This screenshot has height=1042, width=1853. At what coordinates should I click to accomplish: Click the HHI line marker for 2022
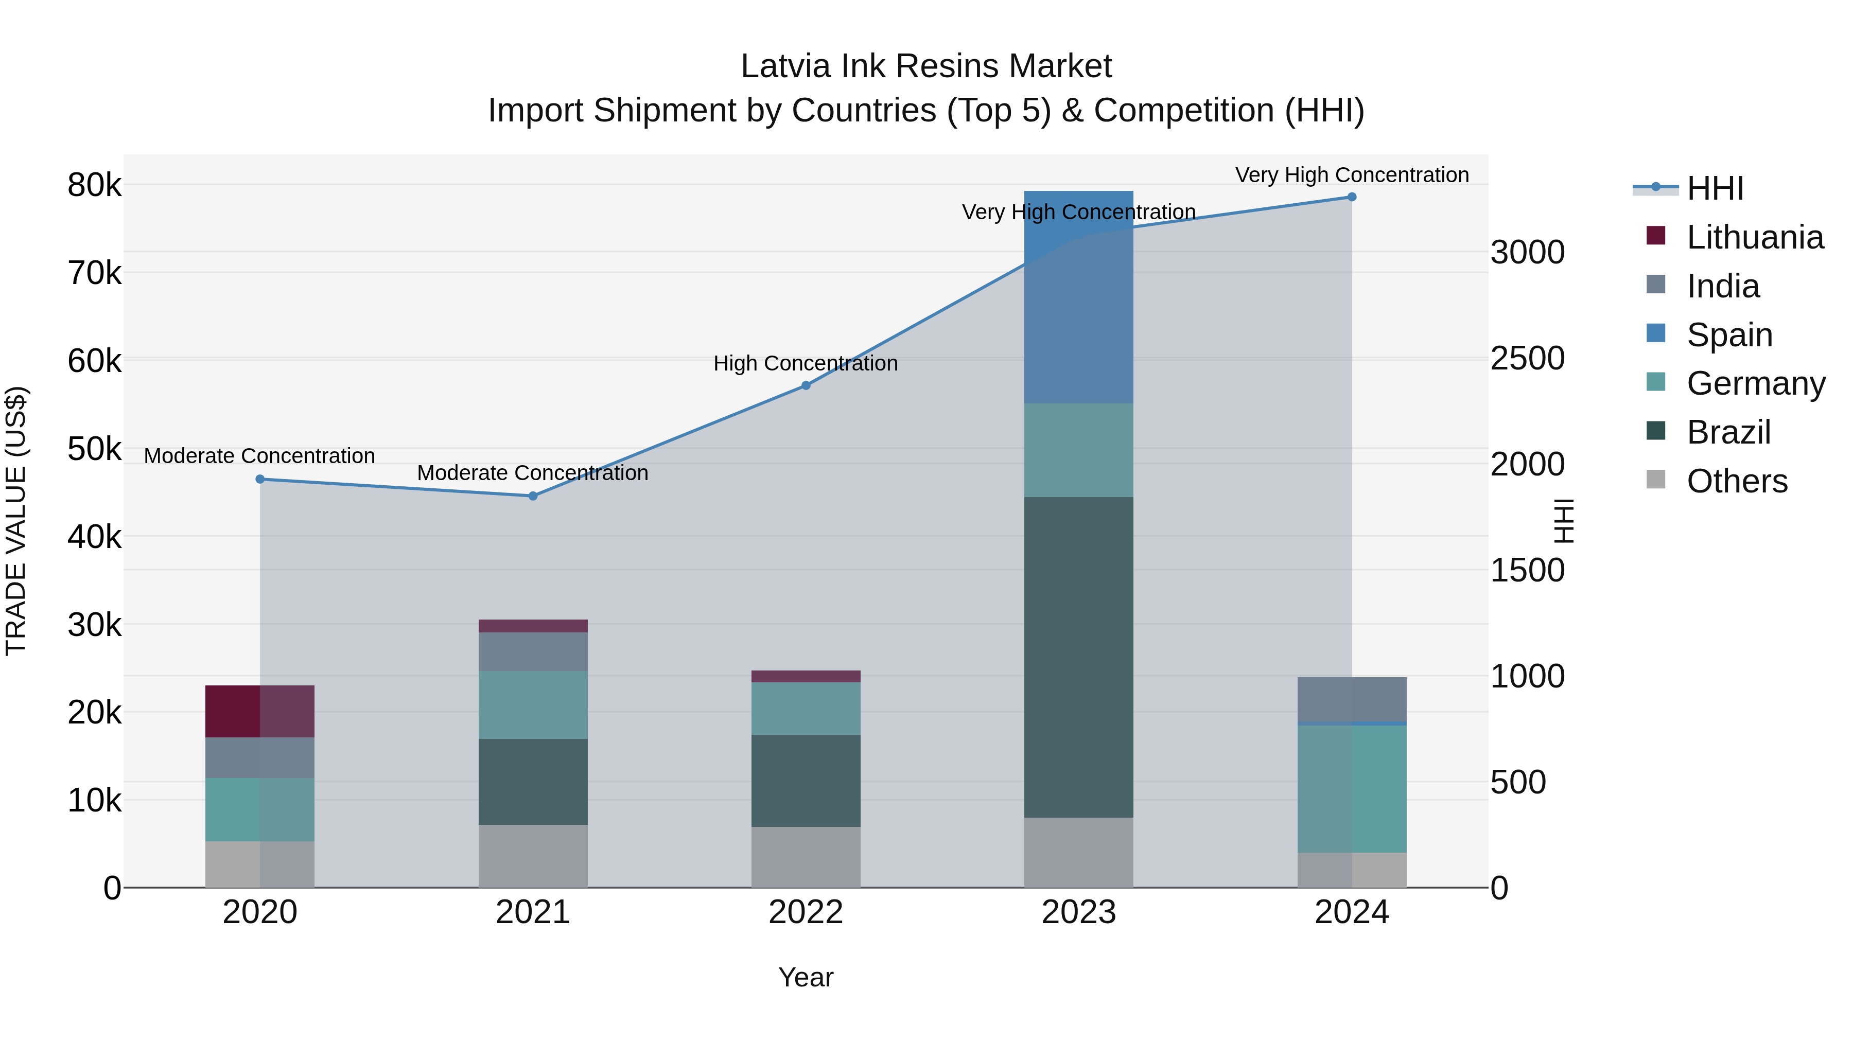point(806,385)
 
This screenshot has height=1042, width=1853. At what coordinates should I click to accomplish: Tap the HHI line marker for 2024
point(1352,197)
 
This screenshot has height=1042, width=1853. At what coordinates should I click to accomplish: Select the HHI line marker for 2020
point(260,479)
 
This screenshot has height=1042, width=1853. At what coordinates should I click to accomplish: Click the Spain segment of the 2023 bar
point(1078,296)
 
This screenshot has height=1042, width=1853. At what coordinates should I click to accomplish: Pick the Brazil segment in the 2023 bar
point(1078,657)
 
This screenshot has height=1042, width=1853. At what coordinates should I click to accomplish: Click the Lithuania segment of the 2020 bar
point(260,711)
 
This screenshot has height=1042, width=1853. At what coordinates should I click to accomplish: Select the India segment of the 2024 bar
point(1352,699)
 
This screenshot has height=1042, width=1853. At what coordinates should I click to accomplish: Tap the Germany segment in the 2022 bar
point(806,709)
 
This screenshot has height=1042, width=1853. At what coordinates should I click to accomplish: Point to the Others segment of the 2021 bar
point(533,856)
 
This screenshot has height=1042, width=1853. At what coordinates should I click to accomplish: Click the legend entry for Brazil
point(1728,432)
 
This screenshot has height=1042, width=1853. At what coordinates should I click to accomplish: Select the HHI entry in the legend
point(1715,188)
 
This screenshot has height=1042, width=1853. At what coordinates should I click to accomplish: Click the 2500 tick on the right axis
point(1527,358)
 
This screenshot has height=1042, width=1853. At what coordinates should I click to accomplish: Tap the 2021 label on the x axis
point(533,912)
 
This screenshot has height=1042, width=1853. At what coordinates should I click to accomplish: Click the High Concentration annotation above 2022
point(806,363)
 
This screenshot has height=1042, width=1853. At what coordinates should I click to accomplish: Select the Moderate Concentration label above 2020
point(260,456)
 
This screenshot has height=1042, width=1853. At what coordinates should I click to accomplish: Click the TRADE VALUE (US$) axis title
point(16,521)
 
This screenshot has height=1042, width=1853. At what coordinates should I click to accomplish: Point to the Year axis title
point(806,977)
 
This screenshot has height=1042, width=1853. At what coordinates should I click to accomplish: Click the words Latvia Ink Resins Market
point(926,66)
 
